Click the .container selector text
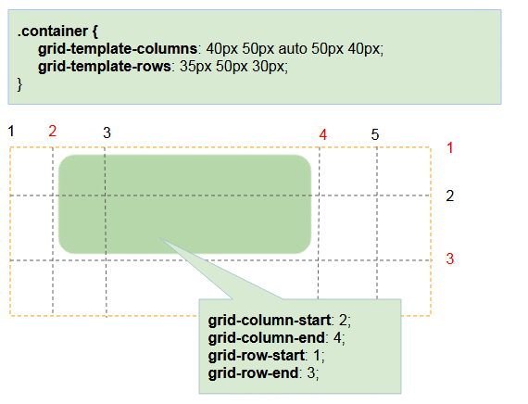point(53,31)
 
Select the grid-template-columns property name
point(118,49)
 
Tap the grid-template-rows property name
point(105,67)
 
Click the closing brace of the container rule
point(19,84)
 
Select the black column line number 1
point(11,131)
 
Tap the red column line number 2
point(52,131)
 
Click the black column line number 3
point(107,133)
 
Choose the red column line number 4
point(323,134)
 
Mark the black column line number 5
point(375,134)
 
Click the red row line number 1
point(450,147)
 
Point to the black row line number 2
point(450,196)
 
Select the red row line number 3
point(450,259)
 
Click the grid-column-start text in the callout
point(269,320)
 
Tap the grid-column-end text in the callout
point(267,337)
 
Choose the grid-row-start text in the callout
point(257,356)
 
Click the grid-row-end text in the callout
point(253,373)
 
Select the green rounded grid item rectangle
point(184,204)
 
